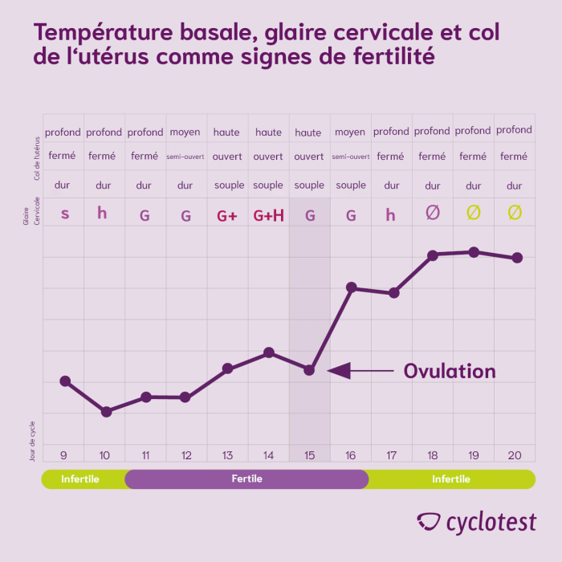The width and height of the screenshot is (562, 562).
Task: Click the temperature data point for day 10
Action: pos(105,411)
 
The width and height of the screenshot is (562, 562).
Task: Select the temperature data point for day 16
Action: pos(351,287)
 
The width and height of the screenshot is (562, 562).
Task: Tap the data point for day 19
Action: pos(474,252)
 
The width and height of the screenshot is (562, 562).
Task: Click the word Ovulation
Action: pos(449,371)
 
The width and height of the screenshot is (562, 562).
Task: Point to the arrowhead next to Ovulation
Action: pos(338,370)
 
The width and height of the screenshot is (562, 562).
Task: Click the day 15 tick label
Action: pos(309,455)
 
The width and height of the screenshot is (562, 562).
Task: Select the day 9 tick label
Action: pos(64,455)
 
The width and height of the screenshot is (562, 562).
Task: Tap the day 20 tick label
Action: pos(515,455)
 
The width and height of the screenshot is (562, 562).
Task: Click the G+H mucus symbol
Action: pos(268,215)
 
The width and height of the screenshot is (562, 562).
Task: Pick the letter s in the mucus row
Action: pos(64,214)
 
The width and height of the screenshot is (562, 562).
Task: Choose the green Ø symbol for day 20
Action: pos(515,213)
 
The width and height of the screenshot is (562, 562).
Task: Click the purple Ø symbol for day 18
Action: pos(433,213)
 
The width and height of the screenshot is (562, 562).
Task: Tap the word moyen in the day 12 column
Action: pos(185,132)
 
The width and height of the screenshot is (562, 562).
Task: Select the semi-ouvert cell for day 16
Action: pos(350,157)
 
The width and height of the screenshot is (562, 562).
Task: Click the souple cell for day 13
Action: pos(229,185)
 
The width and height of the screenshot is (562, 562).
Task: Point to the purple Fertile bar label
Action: pos(246,479)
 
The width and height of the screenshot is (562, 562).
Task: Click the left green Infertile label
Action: pos(80,479)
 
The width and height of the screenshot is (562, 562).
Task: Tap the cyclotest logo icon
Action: pos(430,522)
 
